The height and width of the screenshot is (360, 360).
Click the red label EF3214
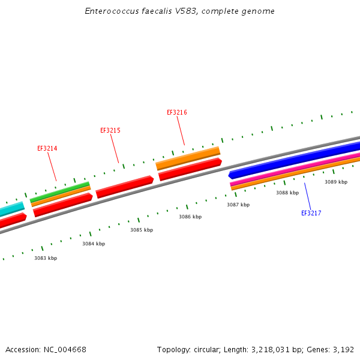pos(47,148)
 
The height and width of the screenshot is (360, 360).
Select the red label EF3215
pos(110,130)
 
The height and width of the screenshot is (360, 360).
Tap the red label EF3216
pos(176,112)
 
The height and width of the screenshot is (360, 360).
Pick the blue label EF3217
pos(311,213)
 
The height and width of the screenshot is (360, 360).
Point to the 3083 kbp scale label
pos(46,258)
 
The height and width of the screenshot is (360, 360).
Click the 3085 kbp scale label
pos(142,230)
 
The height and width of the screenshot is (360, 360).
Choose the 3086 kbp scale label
pos(190,217)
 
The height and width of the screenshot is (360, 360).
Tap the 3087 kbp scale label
pos(238,205)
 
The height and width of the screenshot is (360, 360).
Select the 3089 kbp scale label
pos(336,182)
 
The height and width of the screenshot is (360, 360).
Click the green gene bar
pos(60,191)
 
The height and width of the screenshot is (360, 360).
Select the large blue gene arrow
pos(294,159)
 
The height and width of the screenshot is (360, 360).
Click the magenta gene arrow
pos(294,169)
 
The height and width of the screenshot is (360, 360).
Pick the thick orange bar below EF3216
pos(188,157)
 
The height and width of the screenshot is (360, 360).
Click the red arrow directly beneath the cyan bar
pos(12,221)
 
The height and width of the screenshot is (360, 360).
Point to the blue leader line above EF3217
pos(307,195)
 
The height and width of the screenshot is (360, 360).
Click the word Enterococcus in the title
pos(109,11)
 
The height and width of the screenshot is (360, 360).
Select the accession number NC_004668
pos(64,349)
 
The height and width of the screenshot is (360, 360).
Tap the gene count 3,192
pos(343,349)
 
